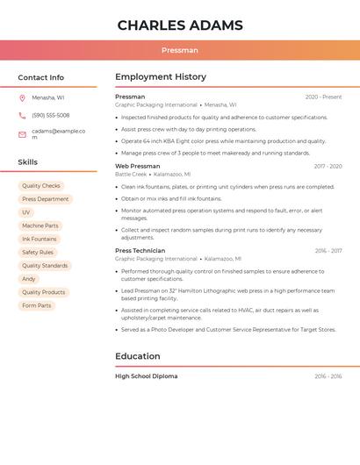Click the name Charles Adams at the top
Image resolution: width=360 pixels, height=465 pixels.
[x=180, y=25]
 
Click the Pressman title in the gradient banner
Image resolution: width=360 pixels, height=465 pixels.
[x=180, y=50]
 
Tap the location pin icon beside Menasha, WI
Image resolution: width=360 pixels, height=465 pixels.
[x=22, y=97]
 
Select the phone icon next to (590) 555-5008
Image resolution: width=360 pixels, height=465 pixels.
[x=22, y=116]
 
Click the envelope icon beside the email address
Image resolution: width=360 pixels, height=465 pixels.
[x=22, y=134]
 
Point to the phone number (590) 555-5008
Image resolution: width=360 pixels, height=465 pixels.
[x=51, y=116]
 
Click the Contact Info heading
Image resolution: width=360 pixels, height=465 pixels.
[x=40, y=77]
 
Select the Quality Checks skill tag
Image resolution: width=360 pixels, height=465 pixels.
[x=41, y=186]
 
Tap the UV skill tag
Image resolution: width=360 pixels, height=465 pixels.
[x=26, y=212]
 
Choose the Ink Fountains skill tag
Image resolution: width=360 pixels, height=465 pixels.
[x=40, y=239]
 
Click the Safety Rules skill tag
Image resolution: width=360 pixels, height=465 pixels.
[x=38, y=252]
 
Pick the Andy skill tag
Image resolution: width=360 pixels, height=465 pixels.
[x=29, y=279]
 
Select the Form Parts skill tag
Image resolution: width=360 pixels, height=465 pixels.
[x=37, y=305]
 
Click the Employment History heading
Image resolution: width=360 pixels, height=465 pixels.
[x=161, y=77]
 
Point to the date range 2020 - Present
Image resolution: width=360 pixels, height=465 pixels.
[x=323, y=97]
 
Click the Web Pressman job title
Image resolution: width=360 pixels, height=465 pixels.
[x=138, y=166]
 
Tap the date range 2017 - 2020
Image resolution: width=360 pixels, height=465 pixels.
[x=328, y=166]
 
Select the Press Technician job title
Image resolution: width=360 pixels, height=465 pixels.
[x=140, y=251]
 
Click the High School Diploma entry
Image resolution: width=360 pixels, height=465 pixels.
[x=147, y=376]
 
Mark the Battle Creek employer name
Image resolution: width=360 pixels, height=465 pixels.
[x=131, y=175]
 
